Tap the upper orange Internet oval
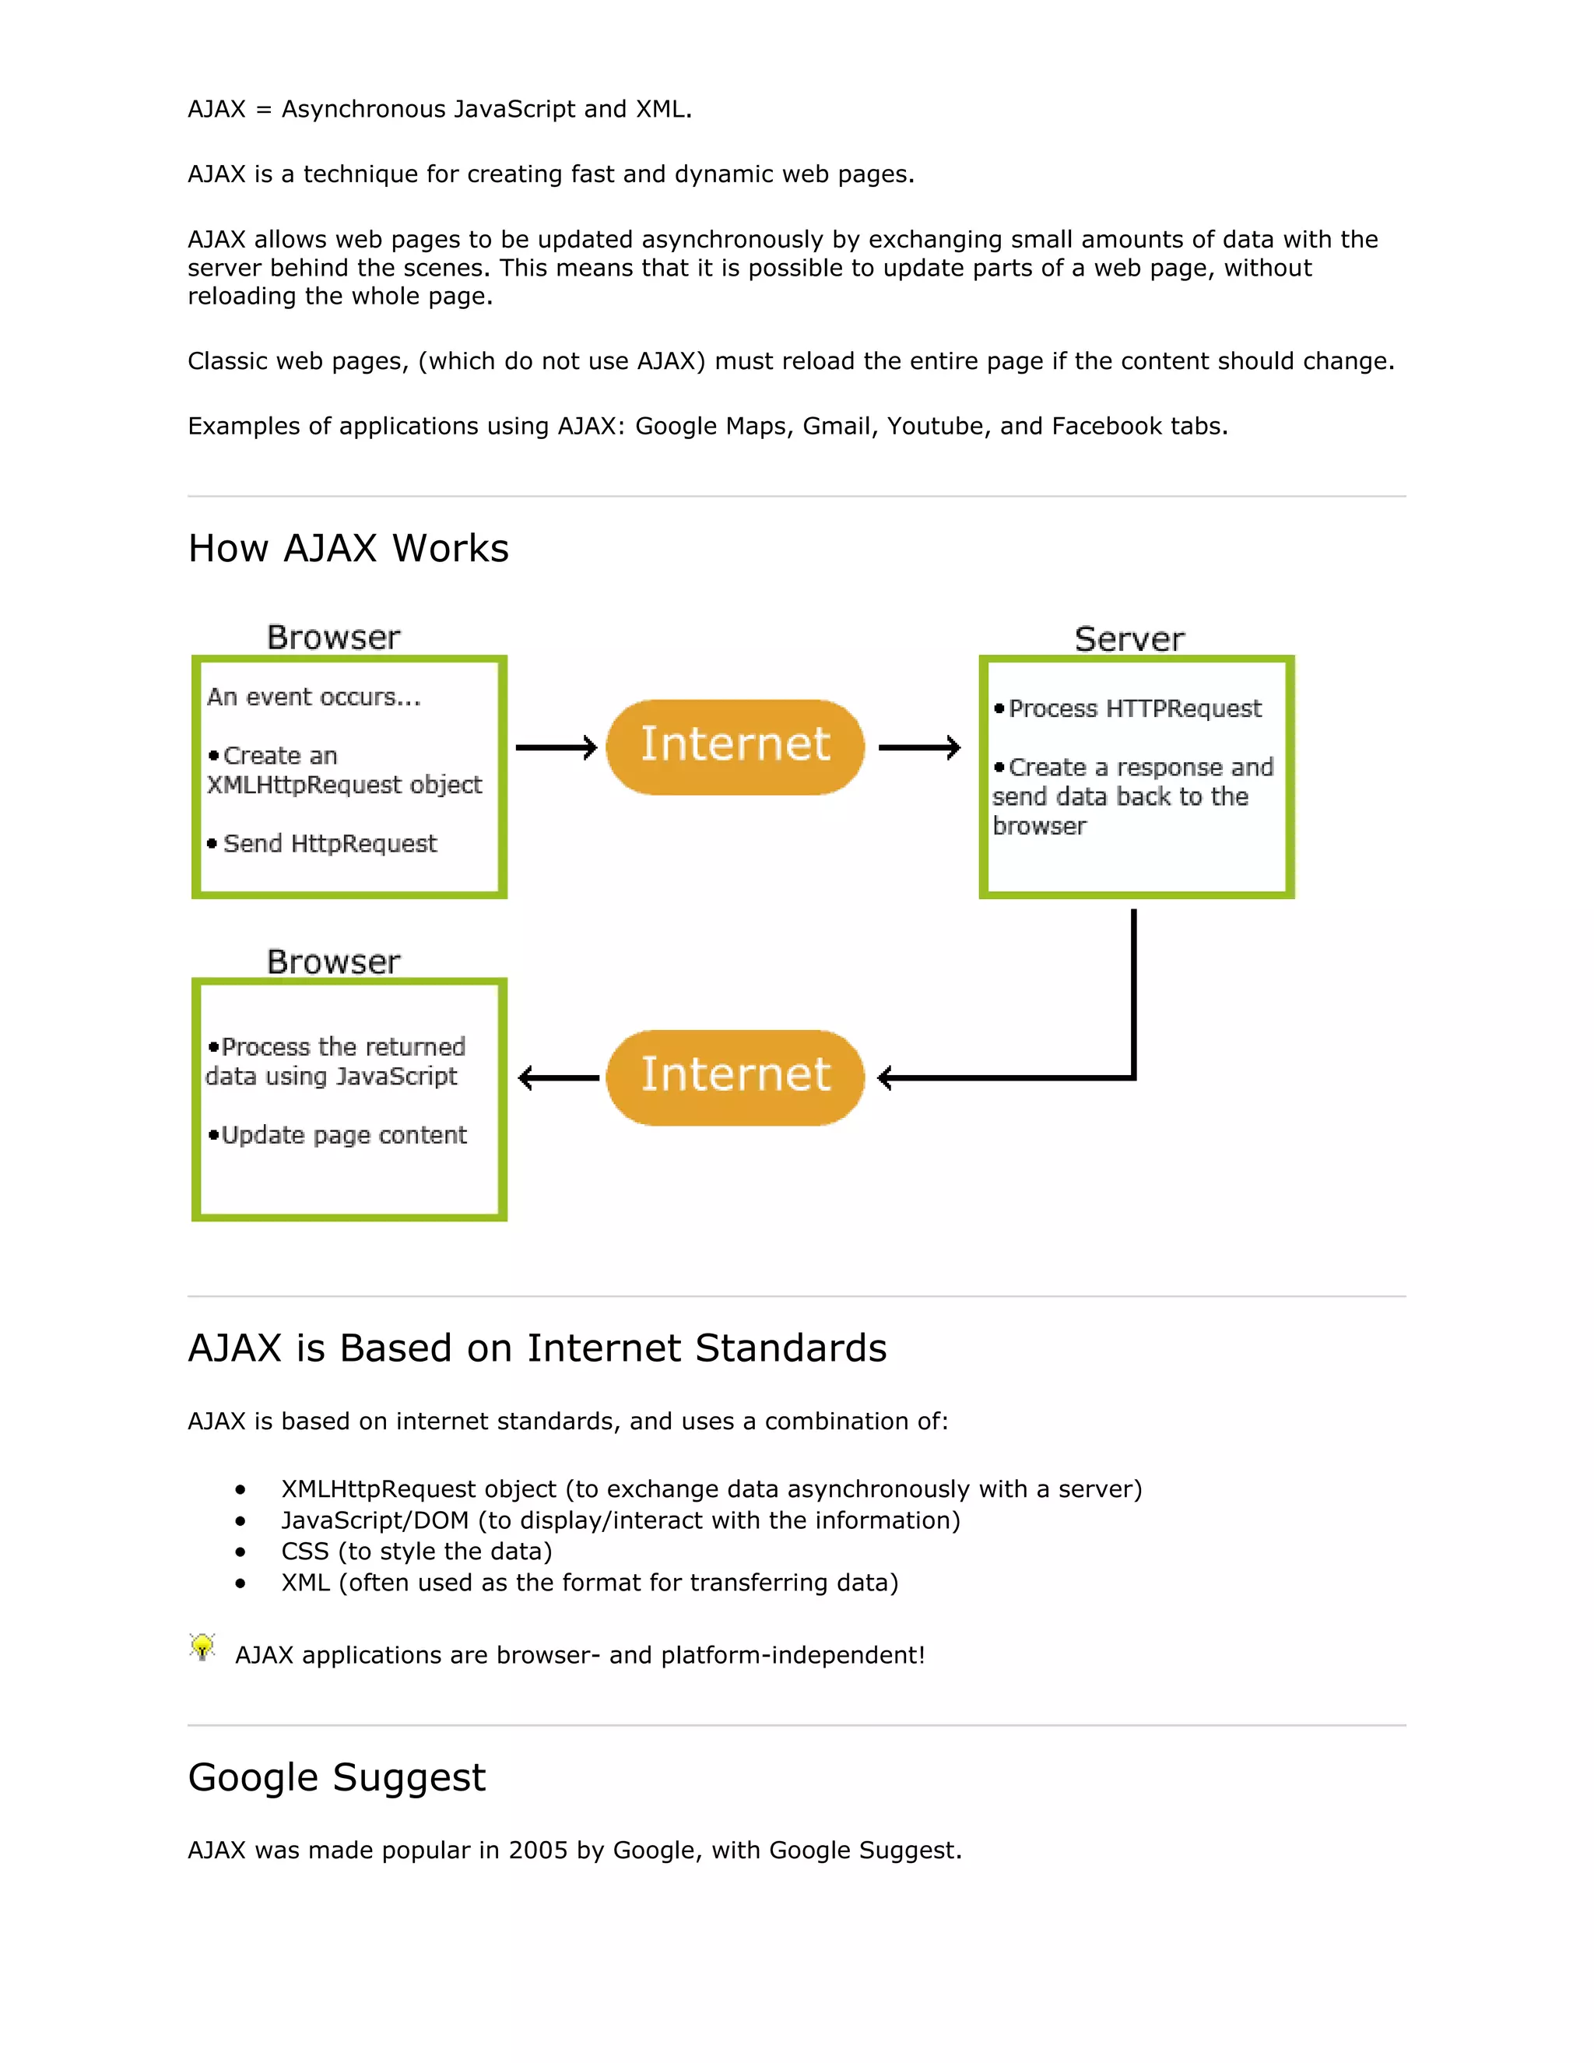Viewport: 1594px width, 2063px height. tap(735, 747)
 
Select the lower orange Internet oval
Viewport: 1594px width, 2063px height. tap(735, 1077)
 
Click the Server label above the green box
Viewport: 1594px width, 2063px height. tap(1129, 639)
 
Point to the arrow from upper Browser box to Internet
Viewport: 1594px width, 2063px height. tap(556, 747)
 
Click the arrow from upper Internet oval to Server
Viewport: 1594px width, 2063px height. tap(919, 747)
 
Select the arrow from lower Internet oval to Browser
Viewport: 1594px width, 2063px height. tap(558, 1077)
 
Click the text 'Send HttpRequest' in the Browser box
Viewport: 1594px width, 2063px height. tap(329, 844)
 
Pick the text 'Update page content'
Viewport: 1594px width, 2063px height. tap(344, 1134)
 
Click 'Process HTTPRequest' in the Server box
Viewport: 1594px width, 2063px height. tap(1134, 708)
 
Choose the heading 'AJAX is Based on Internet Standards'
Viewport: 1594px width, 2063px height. tap(536, 1348)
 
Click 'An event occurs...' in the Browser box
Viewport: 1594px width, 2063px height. tap(314, 697)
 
